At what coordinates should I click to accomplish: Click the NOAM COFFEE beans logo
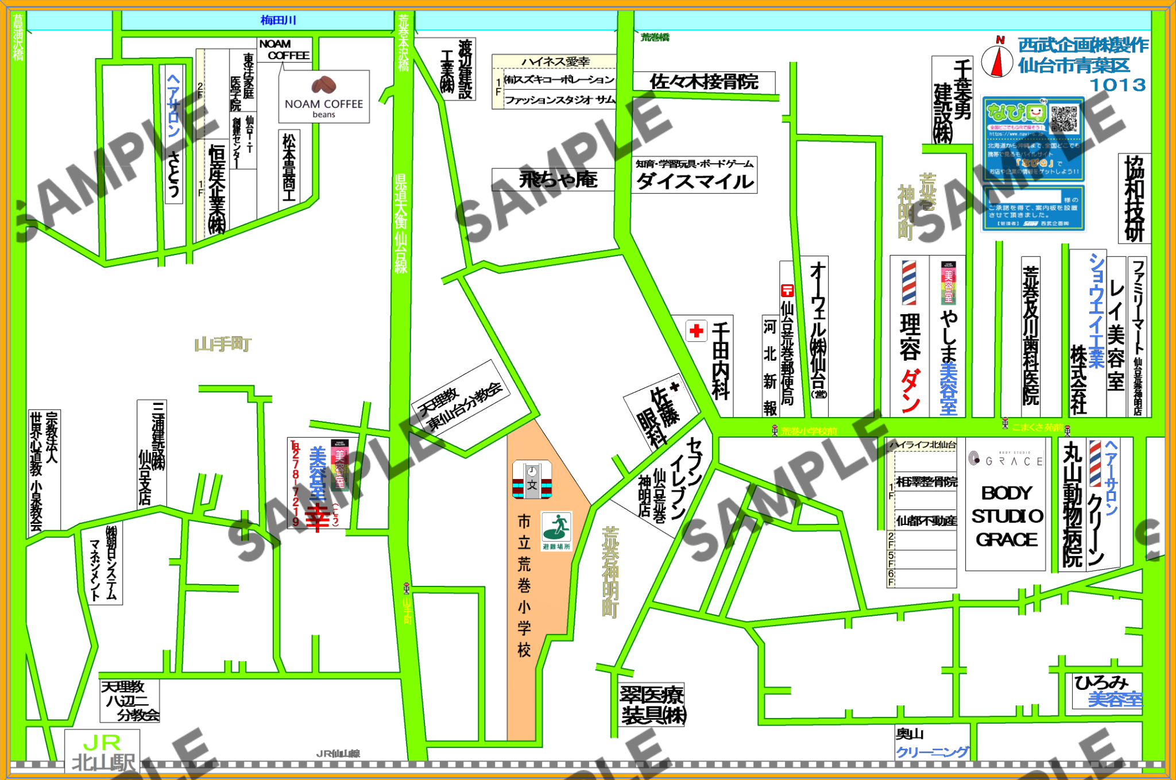pos(324,96)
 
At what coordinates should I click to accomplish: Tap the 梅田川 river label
pos(278,21)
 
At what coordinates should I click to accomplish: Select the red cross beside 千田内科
pos(697,331)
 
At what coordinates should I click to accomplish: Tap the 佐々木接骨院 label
pos(704,82)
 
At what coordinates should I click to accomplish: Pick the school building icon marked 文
pos(532,480)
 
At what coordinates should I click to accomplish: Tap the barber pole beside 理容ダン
pos(909,283)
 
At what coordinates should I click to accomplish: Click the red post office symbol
pos(787,291)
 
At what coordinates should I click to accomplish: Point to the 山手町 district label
pos(223,345)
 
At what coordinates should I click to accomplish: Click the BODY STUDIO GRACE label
pos(1007,516)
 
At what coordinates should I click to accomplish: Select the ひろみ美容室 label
pos(1108,690)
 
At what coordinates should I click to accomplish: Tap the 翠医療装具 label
pos(652,705)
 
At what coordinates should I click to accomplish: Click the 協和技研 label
pos(1134,198)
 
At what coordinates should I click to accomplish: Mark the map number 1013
pos(1117,85)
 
